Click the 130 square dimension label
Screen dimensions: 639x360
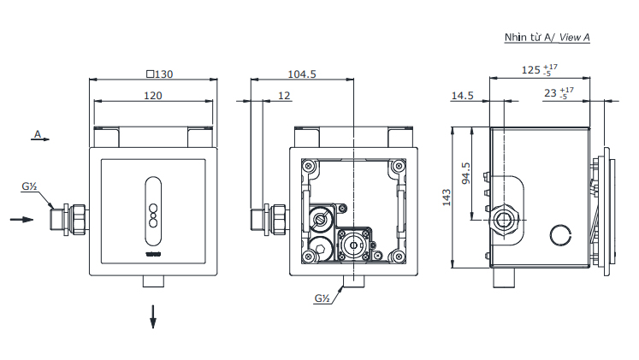click(160, 74)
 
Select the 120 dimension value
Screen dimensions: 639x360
click(153, 96)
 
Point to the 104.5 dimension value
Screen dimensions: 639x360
click(302, 74)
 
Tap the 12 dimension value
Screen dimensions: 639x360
click(284, 96)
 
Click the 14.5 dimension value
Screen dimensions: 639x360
click(463, 96)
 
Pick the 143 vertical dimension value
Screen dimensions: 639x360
click(447, 198)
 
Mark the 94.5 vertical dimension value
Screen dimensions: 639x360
click(466, 174)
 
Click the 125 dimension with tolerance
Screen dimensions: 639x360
click(540, 69)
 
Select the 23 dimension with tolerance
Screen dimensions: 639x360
click(559, 93)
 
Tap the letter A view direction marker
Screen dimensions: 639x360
click(38, 134)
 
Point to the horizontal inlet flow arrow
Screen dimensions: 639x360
click(21, 220)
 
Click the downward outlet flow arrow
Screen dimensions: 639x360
click(153, 316)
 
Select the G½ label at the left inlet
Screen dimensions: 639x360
click(29, 186)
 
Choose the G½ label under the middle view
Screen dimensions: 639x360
click(322, 298)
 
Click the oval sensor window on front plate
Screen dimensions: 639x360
click(153, 211)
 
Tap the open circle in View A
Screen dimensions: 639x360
click(560, 235)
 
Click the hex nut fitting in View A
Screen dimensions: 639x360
click(505, 221)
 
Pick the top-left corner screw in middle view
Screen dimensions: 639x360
click(309, 166)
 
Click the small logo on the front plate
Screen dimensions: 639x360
click(153, 255)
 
